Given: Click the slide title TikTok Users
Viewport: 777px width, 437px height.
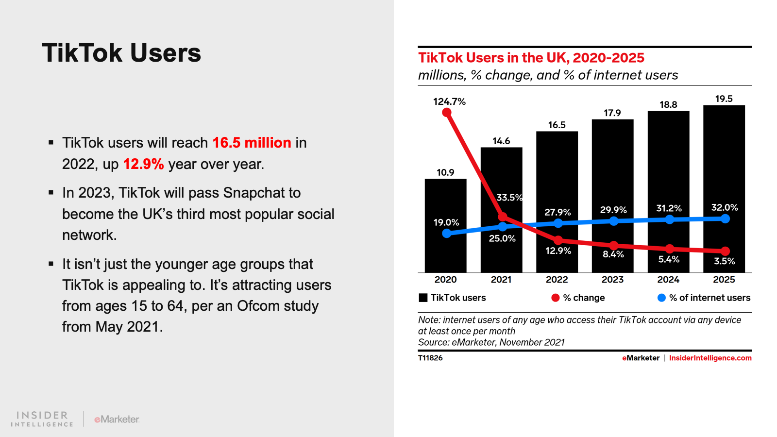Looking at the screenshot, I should point(121,53).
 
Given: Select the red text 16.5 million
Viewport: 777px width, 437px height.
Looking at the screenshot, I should point(252,143).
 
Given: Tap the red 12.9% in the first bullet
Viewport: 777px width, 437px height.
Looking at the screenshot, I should point(143,164).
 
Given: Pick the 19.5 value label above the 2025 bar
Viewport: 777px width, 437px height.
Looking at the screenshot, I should point(724,99).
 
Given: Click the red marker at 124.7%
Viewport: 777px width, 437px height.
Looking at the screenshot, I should point(447,113).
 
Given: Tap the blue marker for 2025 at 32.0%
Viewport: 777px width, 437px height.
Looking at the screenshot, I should point(725,219).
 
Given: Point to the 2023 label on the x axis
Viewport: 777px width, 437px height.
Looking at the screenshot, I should point(612,280).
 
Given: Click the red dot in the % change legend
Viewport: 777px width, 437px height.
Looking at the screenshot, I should point(556,298).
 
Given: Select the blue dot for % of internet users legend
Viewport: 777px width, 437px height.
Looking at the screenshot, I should point(661,298).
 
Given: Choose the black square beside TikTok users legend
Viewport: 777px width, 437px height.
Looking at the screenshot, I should point(423,298).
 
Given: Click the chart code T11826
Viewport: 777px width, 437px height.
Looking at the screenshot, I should point(430,358).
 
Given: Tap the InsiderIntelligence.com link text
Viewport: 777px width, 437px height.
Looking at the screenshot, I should point(710,358).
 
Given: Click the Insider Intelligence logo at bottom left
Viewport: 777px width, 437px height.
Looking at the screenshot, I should point(42,419).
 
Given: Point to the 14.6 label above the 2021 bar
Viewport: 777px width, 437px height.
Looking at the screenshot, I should point(501,141).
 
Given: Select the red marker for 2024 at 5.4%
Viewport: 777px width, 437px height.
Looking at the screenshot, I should point(670,249).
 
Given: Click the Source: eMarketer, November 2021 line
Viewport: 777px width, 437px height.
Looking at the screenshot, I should point(491,342).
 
